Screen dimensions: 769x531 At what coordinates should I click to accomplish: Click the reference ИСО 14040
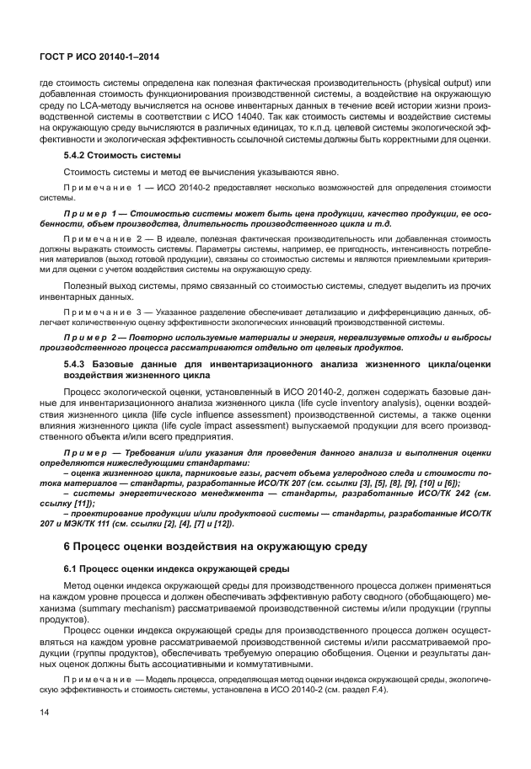tap(239, 116)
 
